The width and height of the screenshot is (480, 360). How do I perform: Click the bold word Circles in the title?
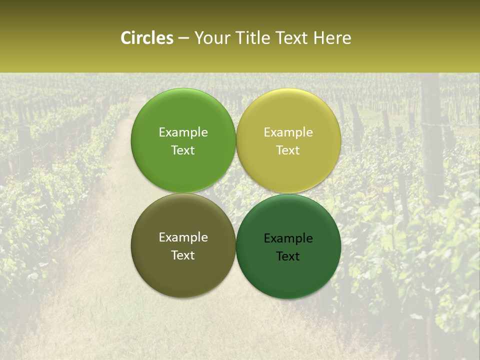(x=146, y=38)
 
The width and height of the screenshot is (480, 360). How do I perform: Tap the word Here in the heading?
(x=332, y=38)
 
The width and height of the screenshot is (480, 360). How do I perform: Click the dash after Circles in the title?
(x=183, y=38)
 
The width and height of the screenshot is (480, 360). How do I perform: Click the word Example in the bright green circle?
(x=183, y=132)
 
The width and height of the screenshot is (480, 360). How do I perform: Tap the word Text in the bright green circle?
(x=183, y=150)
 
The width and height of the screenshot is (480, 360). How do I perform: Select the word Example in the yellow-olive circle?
(x=288, y=132)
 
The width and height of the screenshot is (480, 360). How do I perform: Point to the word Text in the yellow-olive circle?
(x=288, y=150)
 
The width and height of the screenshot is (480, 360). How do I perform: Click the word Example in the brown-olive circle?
(x=183, y=237)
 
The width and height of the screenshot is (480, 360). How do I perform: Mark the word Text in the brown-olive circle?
(x=183, y=255)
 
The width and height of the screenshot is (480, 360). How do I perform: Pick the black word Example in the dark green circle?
(x=288, y=238)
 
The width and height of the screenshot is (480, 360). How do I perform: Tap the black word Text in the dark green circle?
(x=288, y=256)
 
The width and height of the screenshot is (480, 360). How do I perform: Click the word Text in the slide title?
(x=291, y=38)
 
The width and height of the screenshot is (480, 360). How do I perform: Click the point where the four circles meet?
(x=236, y=193)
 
